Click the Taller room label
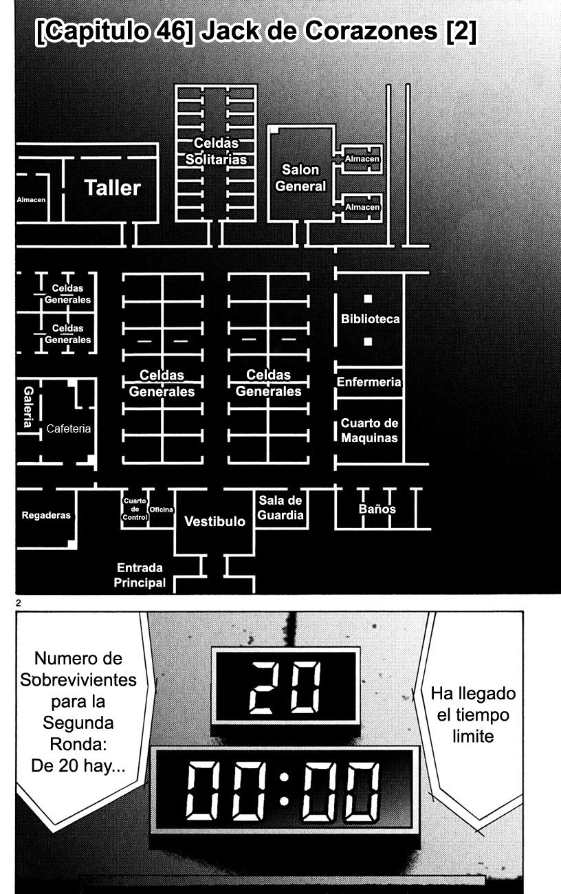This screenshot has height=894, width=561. click(x=113, y=188)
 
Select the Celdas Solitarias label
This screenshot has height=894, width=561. click(x=216, y=151)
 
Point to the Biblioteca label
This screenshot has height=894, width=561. click(x=370, y=319)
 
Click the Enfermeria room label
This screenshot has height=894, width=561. click(x=369, y=382)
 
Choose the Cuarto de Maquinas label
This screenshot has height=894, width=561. click(x=369, y=430)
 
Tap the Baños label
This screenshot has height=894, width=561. click(x=377, y=510)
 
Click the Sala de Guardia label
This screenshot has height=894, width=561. click(x=280, y=508)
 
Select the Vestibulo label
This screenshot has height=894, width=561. click(x=214, y=521)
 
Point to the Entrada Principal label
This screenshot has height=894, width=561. click(x=140, y=576)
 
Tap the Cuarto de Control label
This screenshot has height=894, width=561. click(x=135, y=509)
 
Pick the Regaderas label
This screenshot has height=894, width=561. click(x=46, y=515)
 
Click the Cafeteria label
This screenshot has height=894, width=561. click(x=69, y=428)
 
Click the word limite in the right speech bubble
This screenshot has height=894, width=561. click(x=473, y=736)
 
